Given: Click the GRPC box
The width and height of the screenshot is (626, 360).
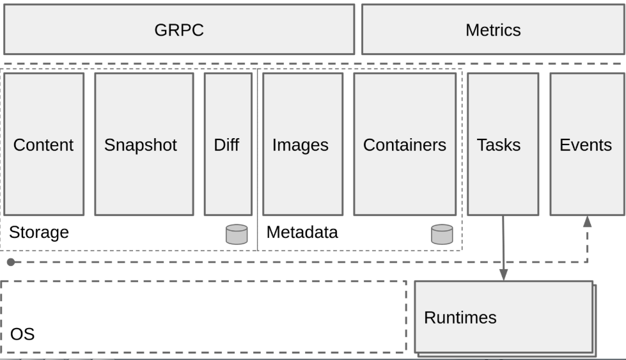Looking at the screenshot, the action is click(x=179, y=29).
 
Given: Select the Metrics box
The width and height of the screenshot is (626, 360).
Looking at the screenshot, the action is click(x=494, y=29).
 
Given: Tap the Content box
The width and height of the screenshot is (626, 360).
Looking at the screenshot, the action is click(x=44, y=144).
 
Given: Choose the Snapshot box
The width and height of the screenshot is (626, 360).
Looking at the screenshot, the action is click(x=144, y=144).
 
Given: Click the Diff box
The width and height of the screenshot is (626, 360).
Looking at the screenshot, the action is click(x=228, y=144).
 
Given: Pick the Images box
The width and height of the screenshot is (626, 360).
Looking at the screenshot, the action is click(x=302, y=144).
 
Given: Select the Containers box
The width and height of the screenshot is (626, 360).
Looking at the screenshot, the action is click(x=405, y=144).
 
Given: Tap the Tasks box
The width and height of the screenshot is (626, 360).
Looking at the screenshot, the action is click(x=503, y=144).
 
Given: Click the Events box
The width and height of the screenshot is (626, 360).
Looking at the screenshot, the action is click(x=587, y=144).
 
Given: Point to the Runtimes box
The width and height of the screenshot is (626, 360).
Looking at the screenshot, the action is click(x=504, y=317).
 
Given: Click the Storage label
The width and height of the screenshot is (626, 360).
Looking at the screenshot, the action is click(x=39, y=232).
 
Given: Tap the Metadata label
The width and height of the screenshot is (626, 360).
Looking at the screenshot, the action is click(x=302, y=232).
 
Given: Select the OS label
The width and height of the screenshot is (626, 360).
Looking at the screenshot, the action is click(x=22, y=334).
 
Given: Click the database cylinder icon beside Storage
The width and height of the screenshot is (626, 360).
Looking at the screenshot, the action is click(x=237, y=234).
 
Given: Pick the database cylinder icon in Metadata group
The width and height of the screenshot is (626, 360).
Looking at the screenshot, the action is click(x=442, y=234).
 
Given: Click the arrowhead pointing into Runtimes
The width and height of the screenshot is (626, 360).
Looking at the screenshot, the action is click(x=504, y=274).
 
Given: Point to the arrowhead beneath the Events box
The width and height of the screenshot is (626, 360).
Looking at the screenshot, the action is click(x=587, y=221).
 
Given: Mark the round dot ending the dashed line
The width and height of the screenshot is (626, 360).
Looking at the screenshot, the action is click(x=11, y=262).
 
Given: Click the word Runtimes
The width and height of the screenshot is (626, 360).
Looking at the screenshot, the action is click(x=460, y=318).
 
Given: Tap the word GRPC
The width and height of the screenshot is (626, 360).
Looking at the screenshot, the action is click(x=179, y=30).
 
